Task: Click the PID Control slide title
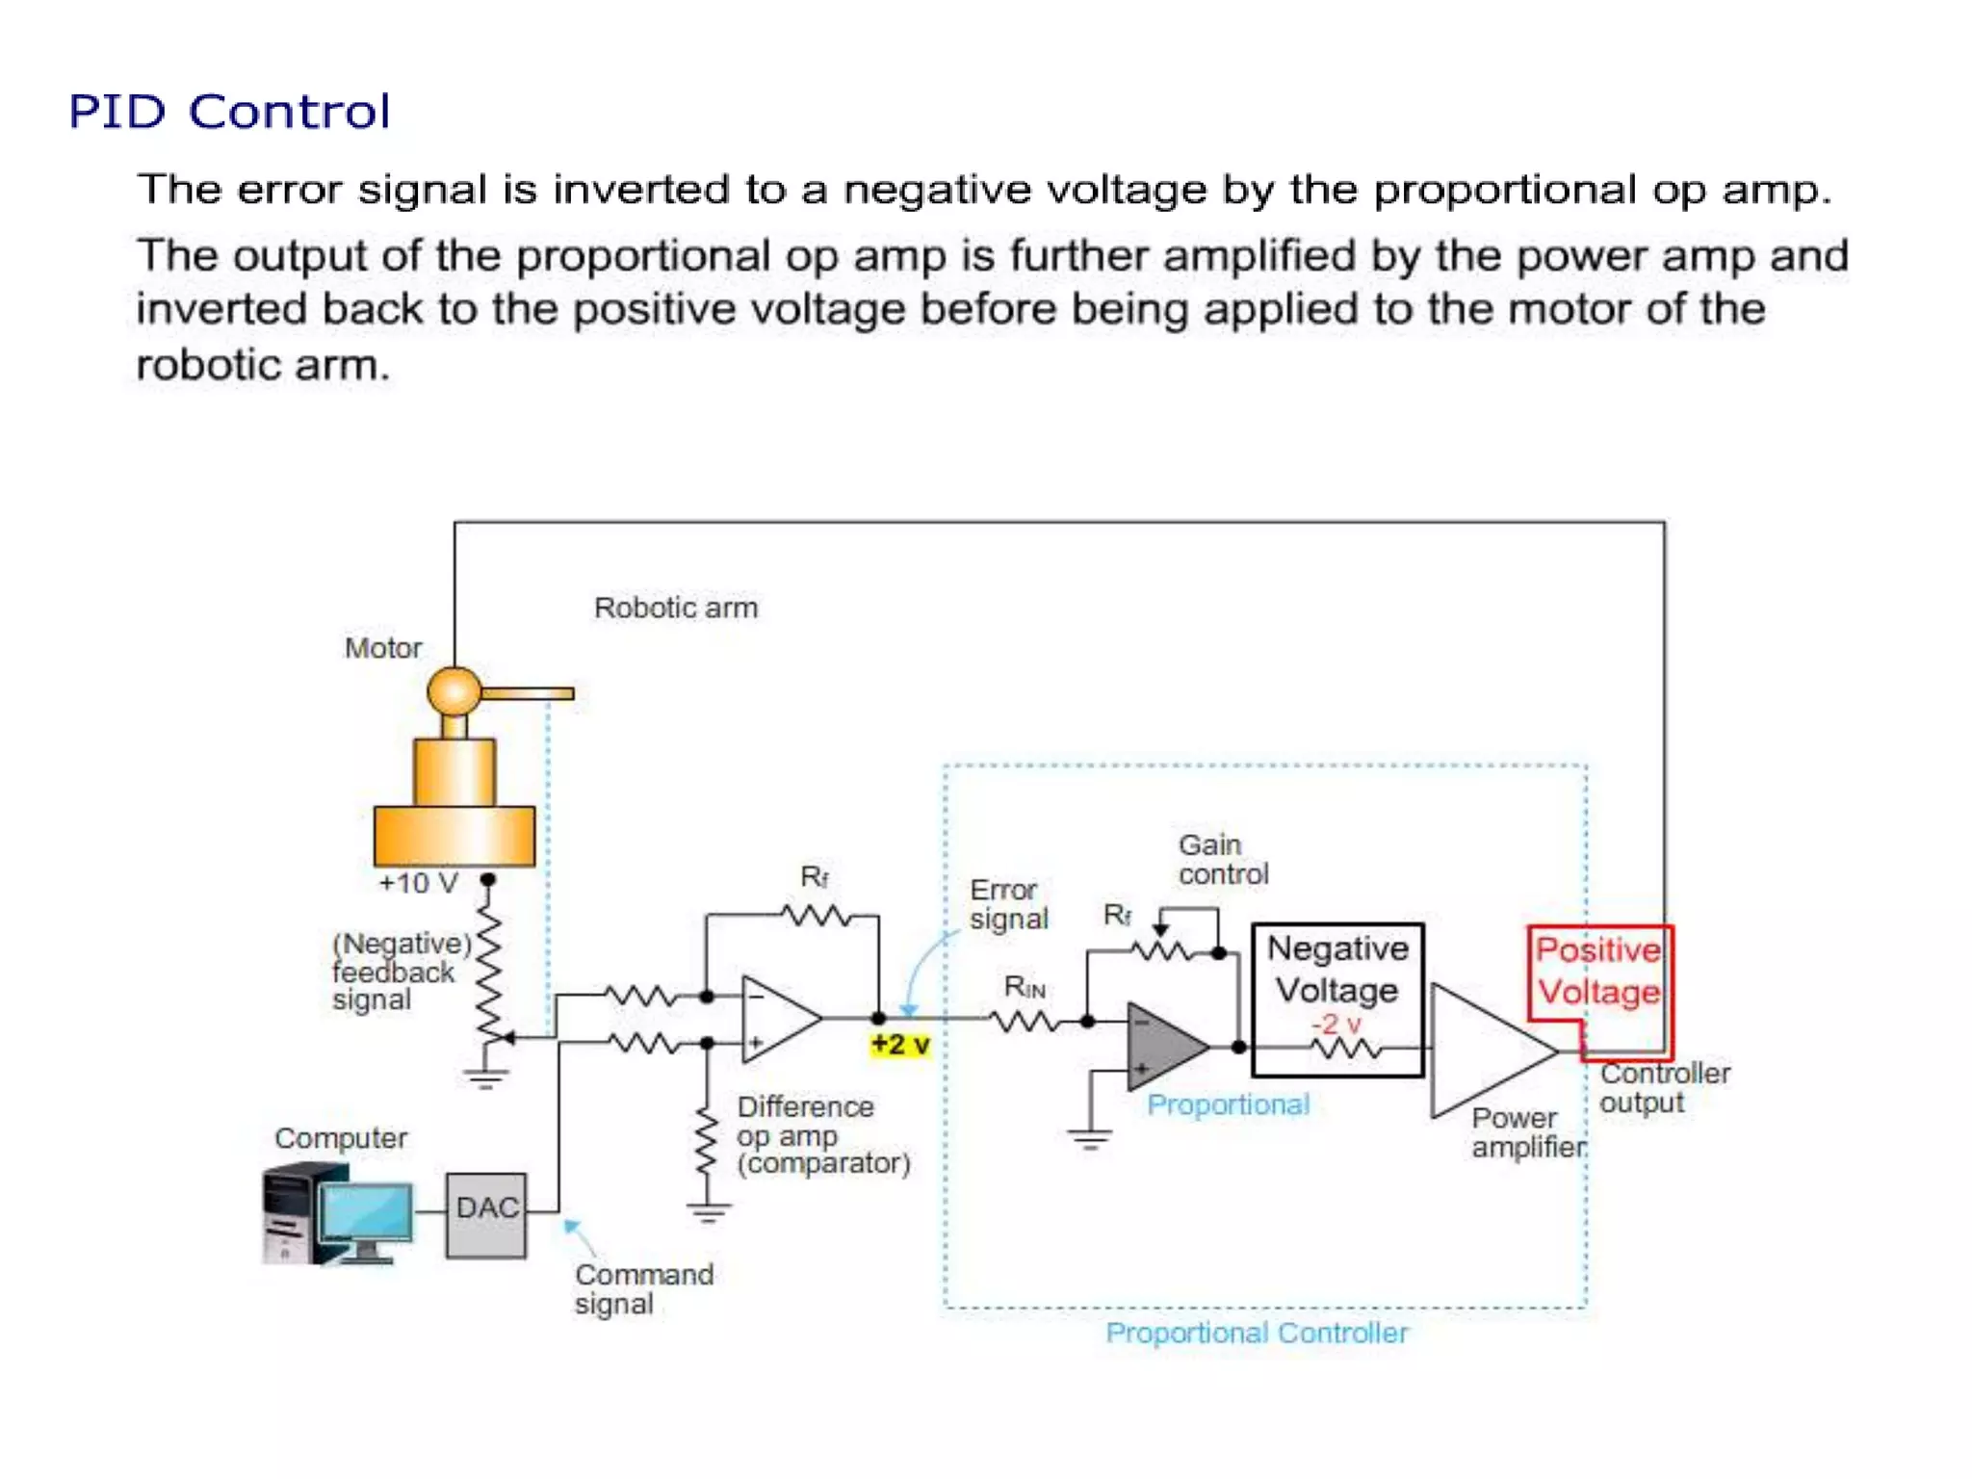tap(229, 112)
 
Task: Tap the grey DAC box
tap(485, 1214)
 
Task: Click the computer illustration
tap(337, 1214)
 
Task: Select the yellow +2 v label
tap(900, 1045)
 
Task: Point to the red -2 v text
tap(1336, 1024)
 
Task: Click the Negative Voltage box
tap(1337, 971)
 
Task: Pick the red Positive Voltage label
tap(1597, 971)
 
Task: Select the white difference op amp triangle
tap(775, 1019)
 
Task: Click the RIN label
tap(1024, 987)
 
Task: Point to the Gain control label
tap(1222, 859)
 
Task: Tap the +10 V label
tap(418, 883)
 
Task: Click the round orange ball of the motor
tap(454, 690)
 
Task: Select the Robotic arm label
tap(675, 608)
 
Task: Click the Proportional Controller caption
tap(1256, 1333)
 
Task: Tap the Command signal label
tap(642, 1288)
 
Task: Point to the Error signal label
tap(1007, 903)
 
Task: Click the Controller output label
tap(1663, 1087)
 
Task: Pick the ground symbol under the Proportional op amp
tap(1089, 1139)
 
